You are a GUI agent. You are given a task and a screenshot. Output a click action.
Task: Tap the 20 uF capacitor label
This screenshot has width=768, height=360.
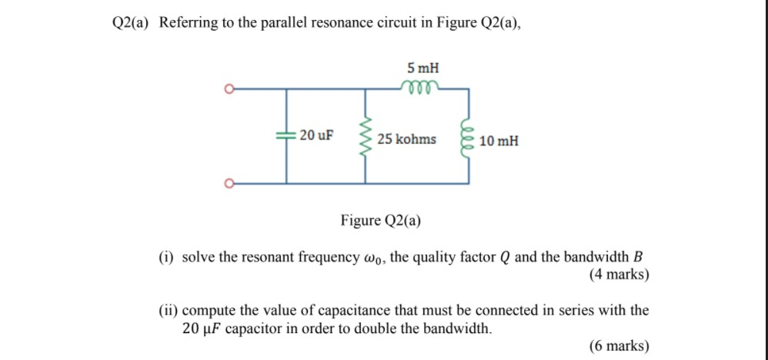(316, 136)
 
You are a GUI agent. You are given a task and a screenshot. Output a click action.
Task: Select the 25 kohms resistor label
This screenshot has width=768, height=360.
(406, 139)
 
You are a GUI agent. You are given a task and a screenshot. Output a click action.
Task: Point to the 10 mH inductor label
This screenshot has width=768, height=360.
(498, 142)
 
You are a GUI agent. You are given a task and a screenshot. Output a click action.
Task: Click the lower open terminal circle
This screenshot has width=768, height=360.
(228, 183)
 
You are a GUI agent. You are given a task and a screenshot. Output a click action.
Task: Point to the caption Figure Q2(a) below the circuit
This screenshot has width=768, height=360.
(380, 222)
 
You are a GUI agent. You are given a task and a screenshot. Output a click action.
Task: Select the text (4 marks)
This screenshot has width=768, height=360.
(619, 274)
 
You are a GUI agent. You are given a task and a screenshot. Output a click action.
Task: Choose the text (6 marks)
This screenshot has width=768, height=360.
(619, 346)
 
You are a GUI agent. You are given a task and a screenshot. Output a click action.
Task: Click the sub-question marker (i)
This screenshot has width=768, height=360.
(166, 257)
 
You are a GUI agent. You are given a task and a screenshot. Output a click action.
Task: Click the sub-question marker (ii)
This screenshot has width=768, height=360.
(168, 311)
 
